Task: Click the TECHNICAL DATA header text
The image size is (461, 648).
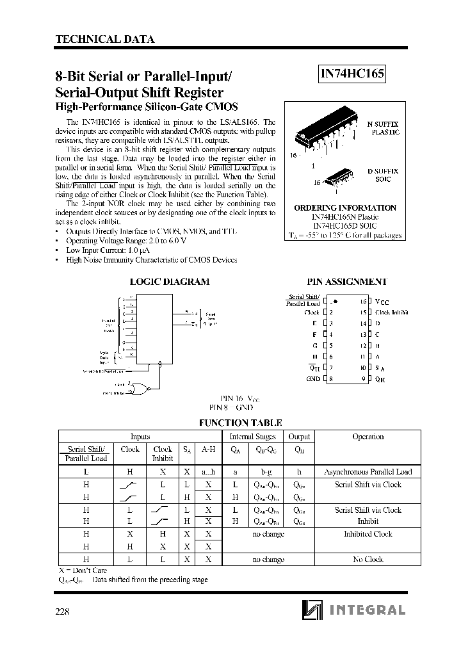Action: tap(106, 39)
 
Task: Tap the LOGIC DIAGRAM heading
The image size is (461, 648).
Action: tap(169, 282)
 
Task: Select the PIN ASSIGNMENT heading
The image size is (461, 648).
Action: tap(346, 282)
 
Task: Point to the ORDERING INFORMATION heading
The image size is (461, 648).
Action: tap(344, 208)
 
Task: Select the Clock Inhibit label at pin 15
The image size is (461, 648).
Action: tap(391, 312)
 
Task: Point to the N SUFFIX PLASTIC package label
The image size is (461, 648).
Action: tap(383, 127)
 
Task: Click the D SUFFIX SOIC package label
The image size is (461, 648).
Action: tap(383, 176)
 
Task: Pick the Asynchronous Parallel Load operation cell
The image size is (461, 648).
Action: tap(368, 471)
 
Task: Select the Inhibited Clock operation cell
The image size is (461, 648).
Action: tap(368, 533)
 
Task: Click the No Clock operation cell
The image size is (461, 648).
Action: tap(368, 559)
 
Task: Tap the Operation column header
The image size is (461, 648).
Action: tap(368, 437)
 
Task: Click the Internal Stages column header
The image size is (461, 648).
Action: tap(252, 437)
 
